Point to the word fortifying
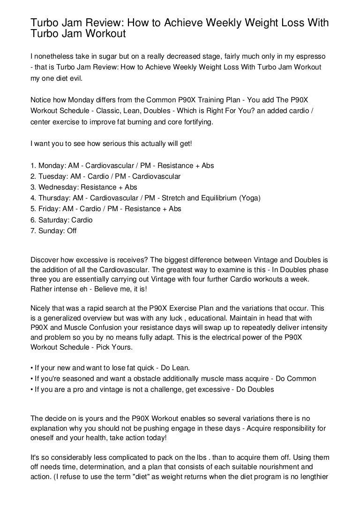[x=195, y=122]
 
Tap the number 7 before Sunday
[x=32, y=230]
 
